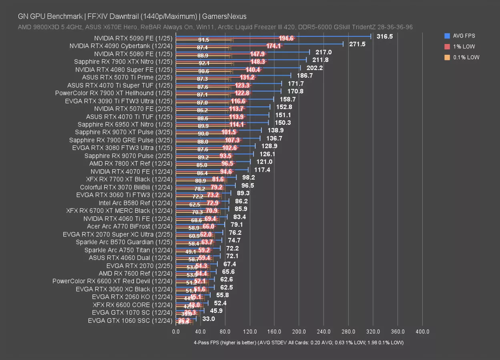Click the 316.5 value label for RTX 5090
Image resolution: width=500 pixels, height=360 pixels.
click(x=385, y=36)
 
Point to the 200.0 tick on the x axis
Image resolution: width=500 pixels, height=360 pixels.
click(x=299, y=332)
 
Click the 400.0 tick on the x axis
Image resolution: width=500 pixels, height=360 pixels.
click(x=422, y=332)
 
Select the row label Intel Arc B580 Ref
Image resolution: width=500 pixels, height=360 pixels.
click(x=135, y=203)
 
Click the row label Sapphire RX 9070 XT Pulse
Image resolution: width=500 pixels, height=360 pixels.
click(x=123, y=132)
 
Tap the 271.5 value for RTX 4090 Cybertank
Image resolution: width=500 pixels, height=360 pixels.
click(x=357, y=44)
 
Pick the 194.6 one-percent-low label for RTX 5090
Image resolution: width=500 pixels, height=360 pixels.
click(x=286, y=38)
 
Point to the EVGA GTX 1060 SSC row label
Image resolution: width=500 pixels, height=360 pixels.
click(x=130, y=320)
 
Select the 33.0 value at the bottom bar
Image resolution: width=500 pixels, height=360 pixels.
click(x=209, y=319)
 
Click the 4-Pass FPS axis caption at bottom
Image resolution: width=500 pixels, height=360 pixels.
click(x=298, y=343)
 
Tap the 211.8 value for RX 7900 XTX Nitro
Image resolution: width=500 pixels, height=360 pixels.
click(x=320, y=60)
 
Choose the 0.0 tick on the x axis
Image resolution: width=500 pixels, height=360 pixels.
click(x=176, y=332)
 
